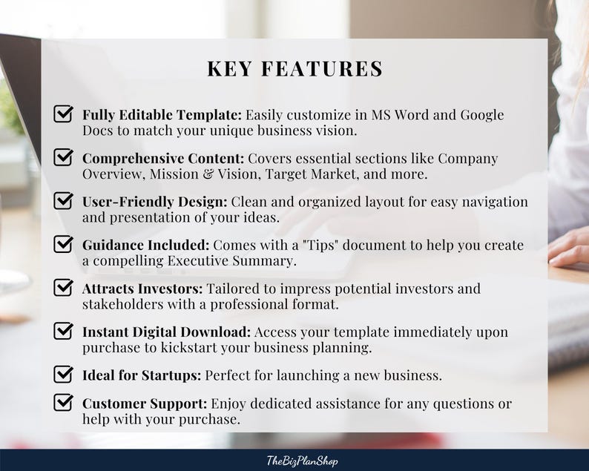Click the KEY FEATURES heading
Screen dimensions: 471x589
tap(294, 69)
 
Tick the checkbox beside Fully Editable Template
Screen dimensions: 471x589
tap(64, 114)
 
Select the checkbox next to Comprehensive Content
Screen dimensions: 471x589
tap(64, 157)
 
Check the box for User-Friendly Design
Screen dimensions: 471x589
tap(64, 200)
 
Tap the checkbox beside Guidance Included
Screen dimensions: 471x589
tap(64, 244)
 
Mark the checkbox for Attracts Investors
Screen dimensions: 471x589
tap(64, 287)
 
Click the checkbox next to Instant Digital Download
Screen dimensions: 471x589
tap(64, 331)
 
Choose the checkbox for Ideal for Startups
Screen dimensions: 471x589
tap(64, 374)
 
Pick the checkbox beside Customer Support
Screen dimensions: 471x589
tap(64, 403)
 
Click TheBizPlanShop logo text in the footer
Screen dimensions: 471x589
tap(302, 461)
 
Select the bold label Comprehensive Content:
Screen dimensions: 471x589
tap(162, 159)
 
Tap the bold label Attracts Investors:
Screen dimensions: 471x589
tap(142, 289)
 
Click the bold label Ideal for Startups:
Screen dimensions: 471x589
tap(141, 375)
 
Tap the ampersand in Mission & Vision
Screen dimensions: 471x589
tap(223, 174)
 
